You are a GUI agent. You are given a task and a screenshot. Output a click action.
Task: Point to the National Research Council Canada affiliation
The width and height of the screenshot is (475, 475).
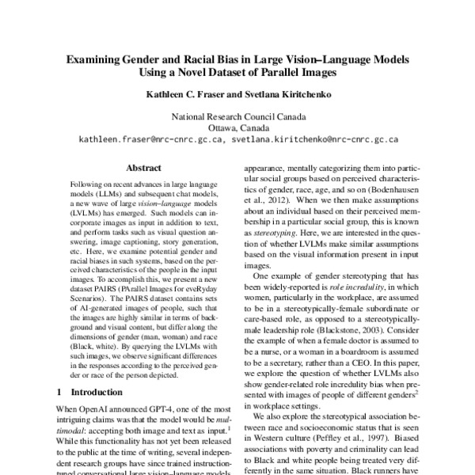click(237, 115)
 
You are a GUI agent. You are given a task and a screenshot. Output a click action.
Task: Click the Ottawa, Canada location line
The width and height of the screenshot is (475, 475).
click(237, 127)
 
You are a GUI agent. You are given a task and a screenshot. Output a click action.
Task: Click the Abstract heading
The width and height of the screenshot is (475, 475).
click(143, 167)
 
